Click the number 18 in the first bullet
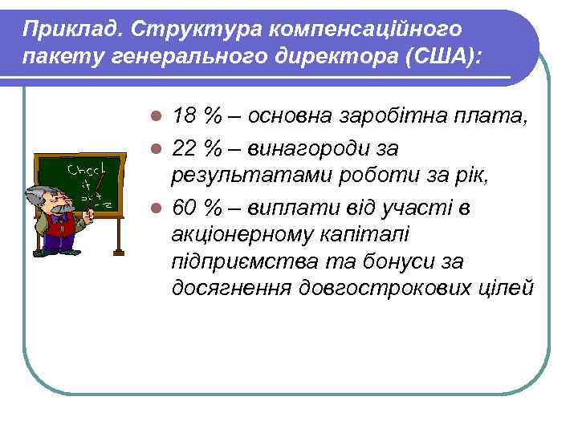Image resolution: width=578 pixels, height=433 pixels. tap(185, 115)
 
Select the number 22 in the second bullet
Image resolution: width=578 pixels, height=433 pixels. tap(185, 149)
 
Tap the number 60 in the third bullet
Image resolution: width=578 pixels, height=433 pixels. tap(185, 208)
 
